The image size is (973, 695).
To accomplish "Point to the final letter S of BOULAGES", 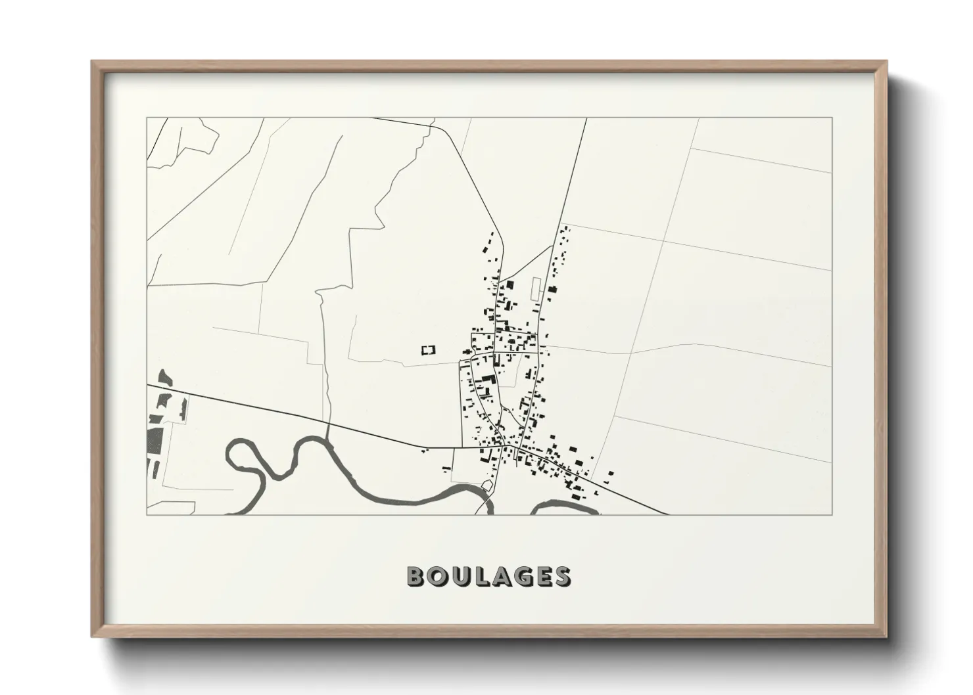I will coord(561,576).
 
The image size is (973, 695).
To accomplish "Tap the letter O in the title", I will coord(436,576).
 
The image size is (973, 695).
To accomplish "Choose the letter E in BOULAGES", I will coord(540,576).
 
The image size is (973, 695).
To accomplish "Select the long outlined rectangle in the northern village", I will coord(535,290).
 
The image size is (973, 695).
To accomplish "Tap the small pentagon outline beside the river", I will coord(487,485).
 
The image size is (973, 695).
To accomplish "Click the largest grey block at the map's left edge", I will coord(154,439).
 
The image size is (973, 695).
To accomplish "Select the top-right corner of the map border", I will coord(832,118).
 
